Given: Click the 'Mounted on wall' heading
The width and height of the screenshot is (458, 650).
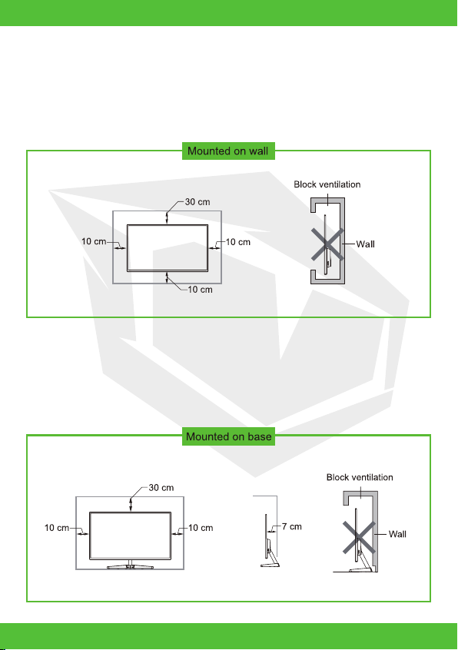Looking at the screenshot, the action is [228, 151].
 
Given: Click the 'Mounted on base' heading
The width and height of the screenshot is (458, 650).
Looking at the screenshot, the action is [228, 436].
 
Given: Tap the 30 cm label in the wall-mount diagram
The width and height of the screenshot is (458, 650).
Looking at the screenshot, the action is [197, 202].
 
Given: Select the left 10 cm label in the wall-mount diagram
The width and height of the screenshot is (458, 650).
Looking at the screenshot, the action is [94, 241].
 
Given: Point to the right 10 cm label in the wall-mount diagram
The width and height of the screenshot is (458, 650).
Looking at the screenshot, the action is [238, 242].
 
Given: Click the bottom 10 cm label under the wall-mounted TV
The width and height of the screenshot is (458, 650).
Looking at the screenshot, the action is [200, 290].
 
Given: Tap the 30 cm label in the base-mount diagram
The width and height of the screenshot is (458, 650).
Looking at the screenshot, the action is [161, 487].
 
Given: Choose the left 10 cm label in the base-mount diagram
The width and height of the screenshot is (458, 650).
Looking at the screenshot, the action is [57, 528].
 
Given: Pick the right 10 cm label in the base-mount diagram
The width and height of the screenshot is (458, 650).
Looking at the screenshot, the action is [201, 528].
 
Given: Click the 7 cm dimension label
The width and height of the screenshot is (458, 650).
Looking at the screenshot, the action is [292, 526].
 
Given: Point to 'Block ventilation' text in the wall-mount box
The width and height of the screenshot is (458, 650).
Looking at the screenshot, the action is [327, 184].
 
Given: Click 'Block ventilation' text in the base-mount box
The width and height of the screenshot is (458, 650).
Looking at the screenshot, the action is [360, 477].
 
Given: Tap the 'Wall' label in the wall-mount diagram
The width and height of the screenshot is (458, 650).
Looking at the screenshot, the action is [365, 244].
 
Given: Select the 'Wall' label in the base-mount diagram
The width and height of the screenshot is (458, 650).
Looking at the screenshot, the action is [397, 534].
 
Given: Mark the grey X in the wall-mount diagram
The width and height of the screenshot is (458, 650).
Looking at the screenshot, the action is [327, 244].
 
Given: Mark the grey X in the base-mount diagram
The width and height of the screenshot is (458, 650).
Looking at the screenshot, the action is [360, 538].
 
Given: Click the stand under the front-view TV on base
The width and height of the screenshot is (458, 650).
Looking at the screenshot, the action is [130, 565].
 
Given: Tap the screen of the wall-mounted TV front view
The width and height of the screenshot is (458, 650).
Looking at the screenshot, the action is [168, 248].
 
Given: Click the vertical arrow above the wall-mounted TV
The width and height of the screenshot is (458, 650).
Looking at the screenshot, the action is [167, 218].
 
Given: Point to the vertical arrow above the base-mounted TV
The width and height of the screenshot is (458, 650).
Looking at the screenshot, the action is [131, 505].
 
